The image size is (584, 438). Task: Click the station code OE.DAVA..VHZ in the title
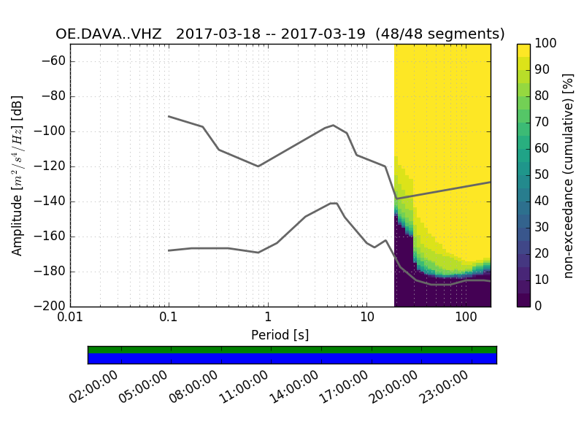(109, 34)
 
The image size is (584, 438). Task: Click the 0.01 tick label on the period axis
(70, 319)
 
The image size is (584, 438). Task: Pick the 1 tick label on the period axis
(268, 319)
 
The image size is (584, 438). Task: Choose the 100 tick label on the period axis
(466, 319)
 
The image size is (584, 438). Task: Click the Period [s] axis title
(280, 335)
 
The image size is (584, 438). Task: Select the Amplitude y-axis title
(18, 175)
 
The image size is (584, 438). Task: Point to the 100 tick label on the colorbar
(545, 44)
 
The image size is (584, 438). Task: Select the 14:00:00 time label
(294, 387)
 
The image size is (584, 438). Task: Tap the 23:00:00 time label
(444, 387)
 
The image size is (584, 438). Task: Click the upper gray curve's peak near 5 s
(334, 125)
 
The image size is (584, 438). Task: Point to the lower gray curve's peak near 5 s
(334, 203)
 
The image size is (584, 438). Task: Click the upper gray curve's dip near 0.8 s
(258, 166)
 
